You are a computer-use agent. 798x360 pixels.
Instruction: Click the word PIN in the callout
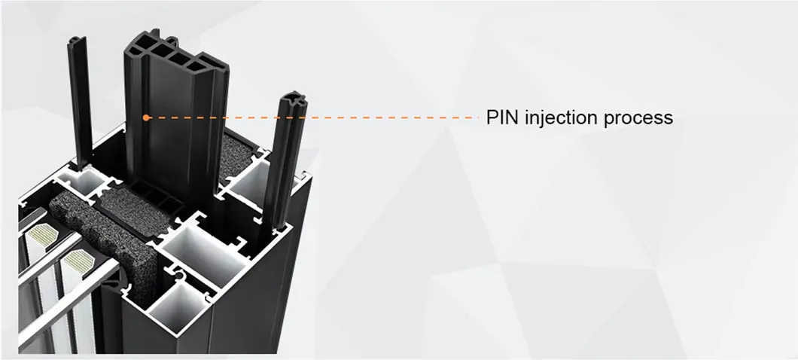(502, 118)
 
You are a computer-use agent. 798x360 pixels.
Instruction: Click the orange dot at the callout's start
(145, 117)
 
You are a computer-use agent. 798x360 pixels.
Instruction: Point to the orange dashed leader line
(316, 117)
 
